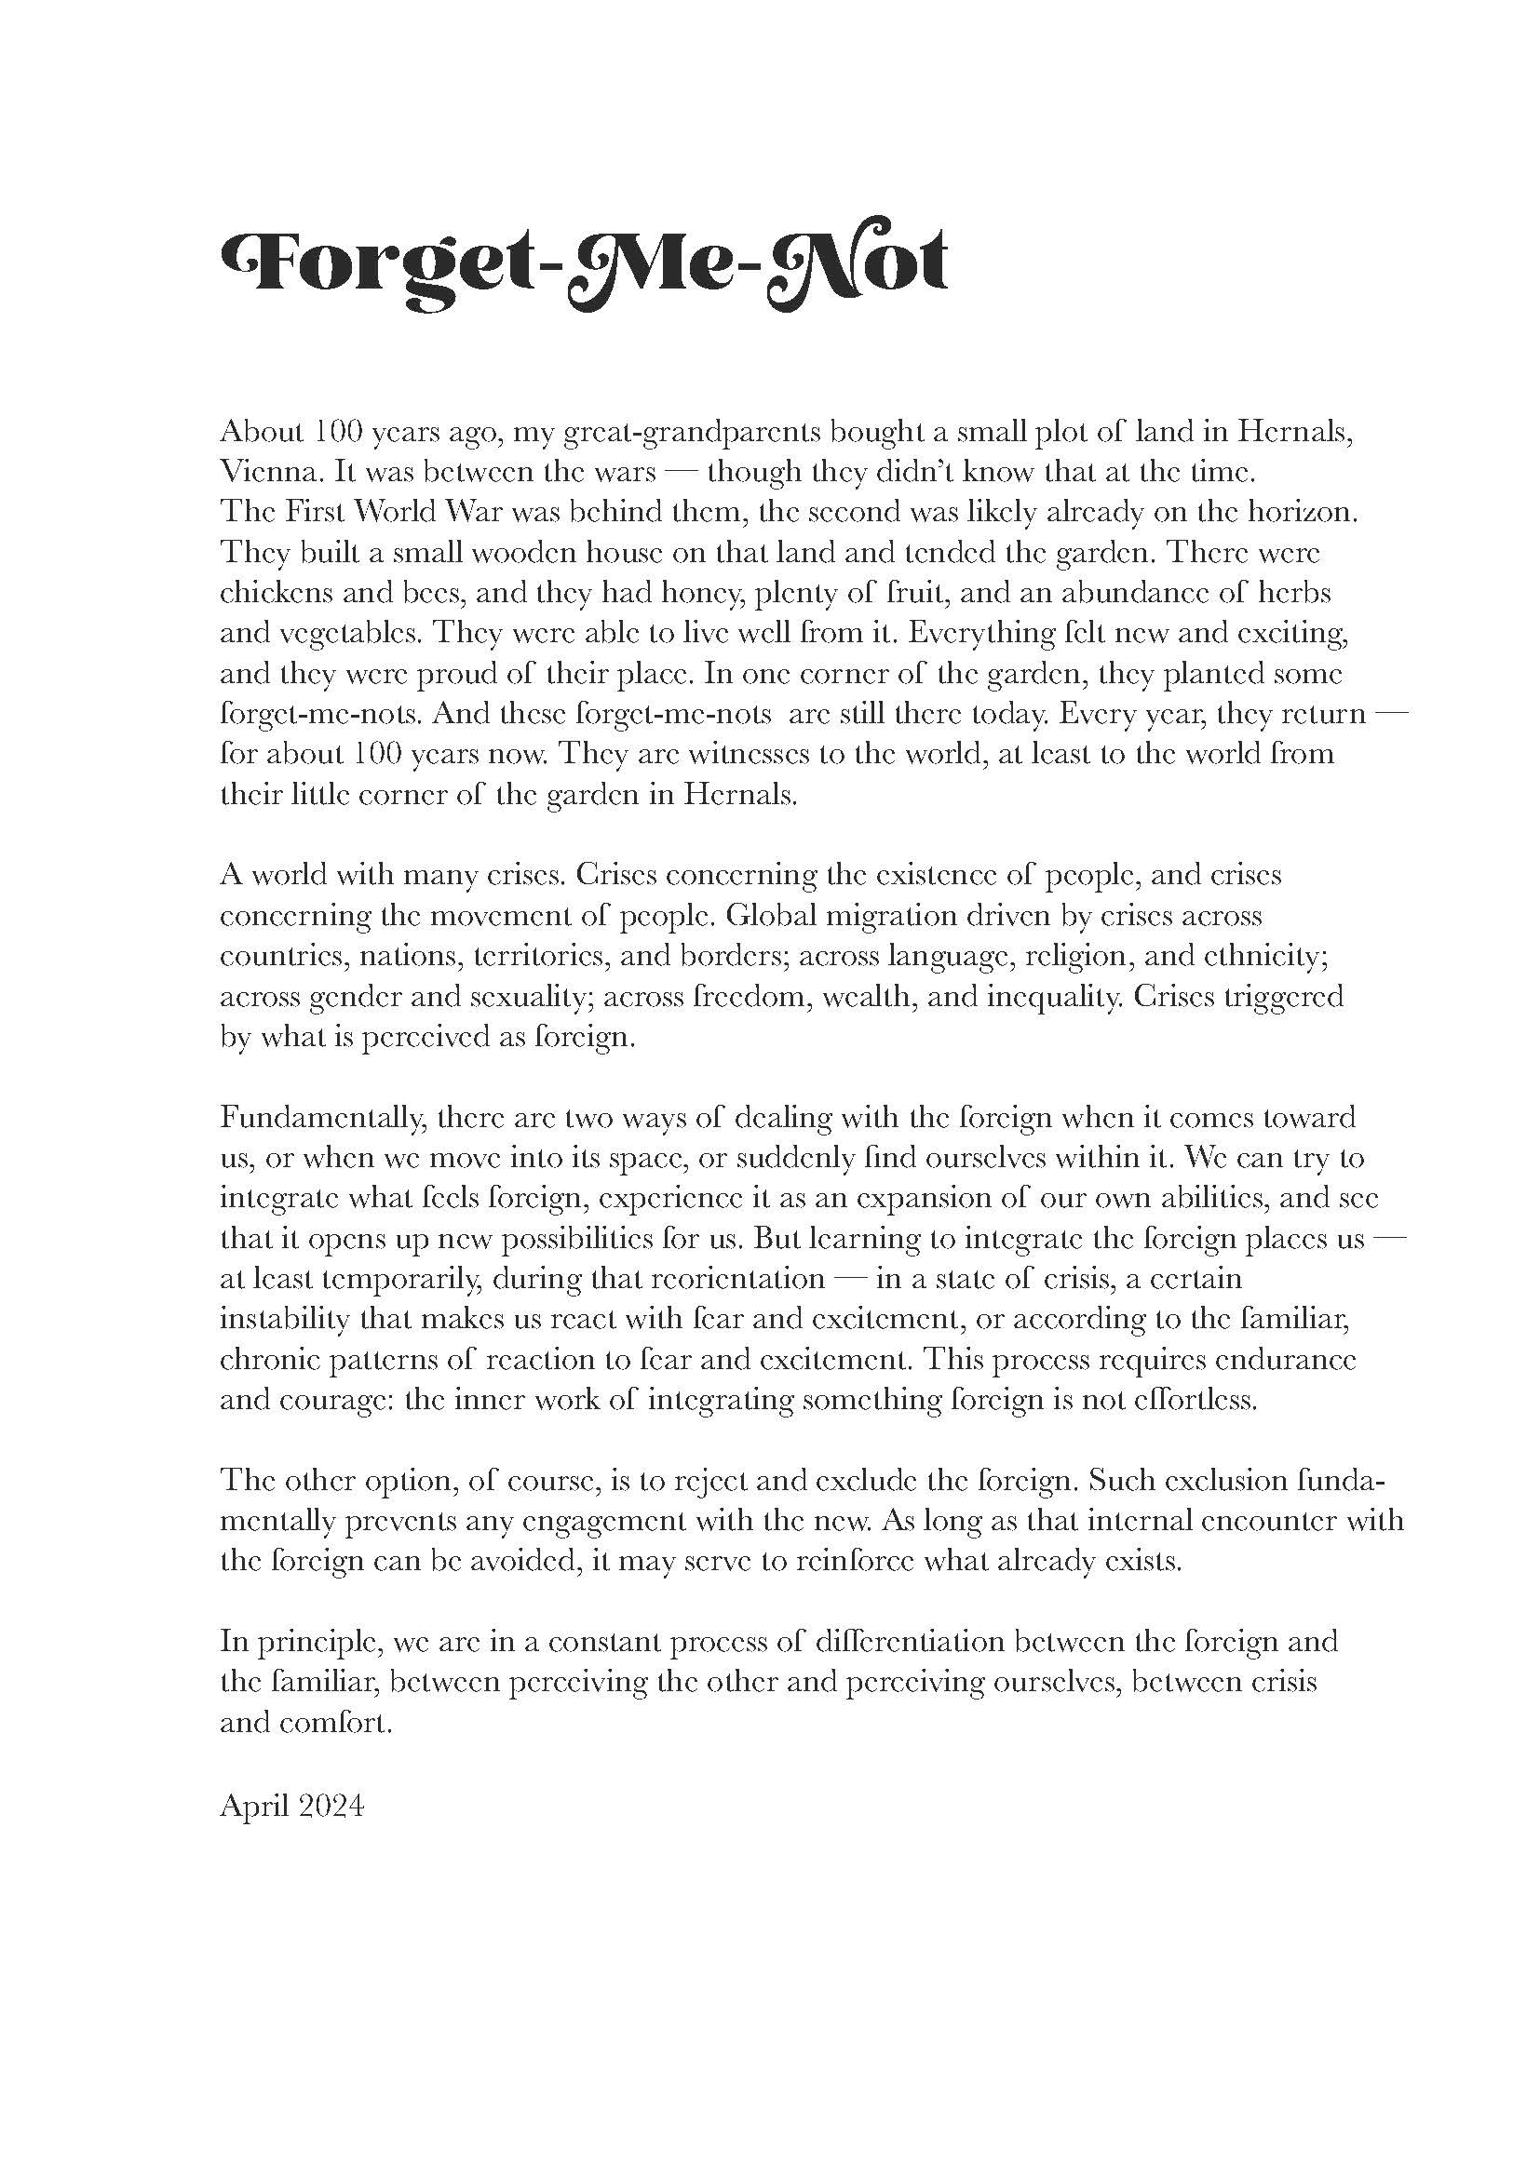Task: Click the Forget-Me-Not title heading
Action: [582, 265]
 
